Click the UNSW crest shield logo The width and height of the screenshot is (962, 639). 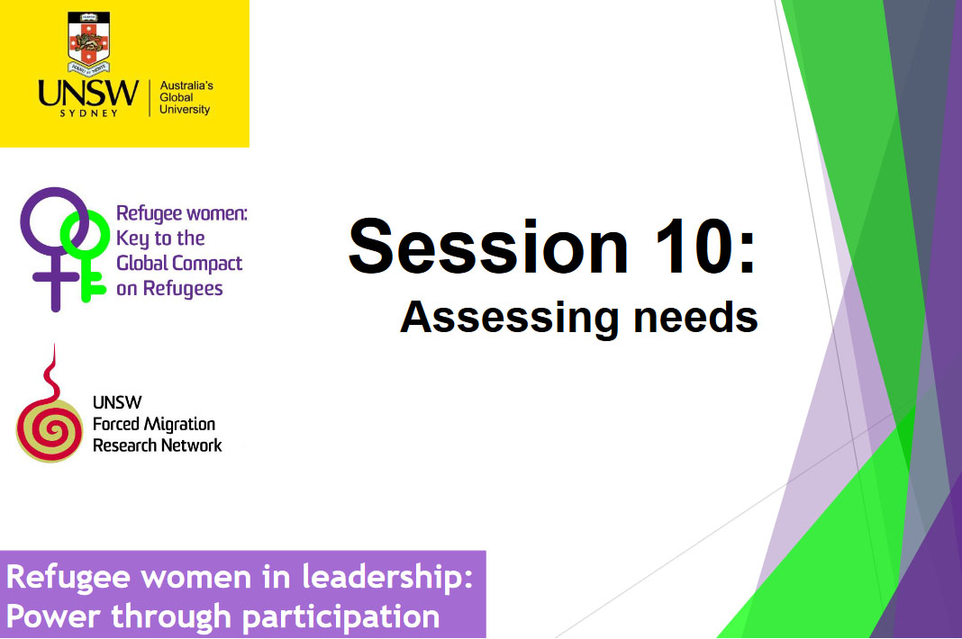click(87, 43)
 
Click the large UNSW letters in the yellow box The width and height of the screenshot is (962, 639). click(88, 93)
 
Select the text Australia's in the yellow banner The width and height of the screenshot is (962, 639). click(186, 85)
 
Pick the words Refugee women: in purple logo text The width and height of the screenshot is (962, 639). click(181, 214)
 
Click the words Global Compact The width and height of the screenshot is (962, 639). click(179, 264)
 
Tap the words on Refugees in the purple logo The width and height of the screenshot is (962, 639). click(169, 289)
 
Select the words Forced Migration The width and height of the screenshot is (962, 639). click(154, 424)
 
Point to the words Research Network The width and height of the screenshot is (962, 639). click(158, 445)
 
